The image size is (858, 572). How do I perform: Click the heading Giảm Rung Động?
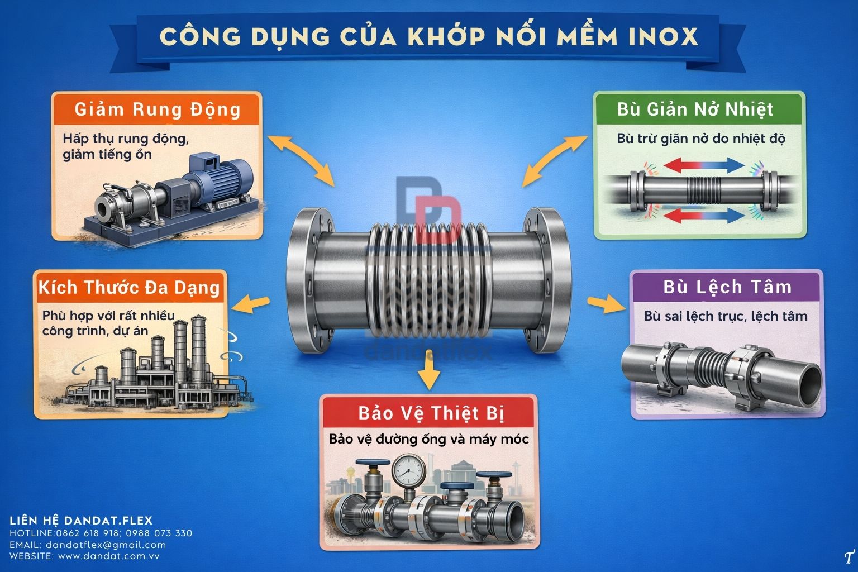[x=158, y=110]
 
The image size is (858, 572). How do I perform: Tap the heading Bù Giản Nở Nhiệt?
[x=695, y=109]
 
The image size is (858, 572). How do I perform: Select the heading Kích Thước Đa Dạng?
[x=129, y=288]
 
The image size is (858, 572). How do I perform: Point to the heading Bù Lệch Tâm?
[x=727, y=287]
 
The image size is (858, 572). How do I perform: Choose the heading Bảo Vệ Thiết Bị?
[x=431, y=413]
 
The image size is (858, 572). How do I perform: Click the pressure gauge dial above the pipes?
[x=408, y=470]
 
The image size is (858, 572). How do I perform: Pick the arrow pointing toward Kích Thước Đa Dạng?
[x=250, y=304]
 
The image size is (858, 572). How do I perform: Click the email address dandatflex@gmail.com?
[x=106, y=545]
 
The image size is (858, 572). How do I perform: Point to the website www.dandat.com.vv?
[x=108, y=556]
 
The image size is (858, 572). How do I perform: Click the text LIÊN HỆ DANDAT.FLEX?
[x=81, y=520]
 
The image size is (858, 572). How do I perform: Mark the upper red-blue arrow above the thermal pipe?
[x=704, y=165]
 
